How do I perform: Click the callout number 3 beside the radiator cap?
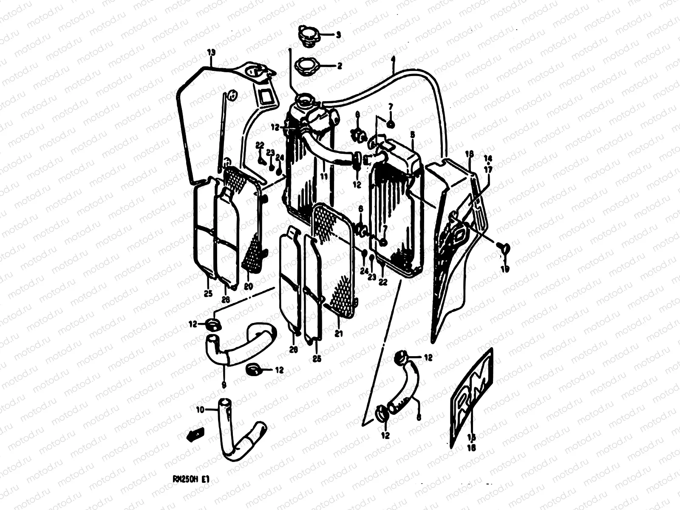click(338, 36)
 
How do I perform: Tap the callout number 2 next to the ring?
click(339, 66)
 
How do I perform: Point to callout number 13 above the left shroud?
click(211, 53)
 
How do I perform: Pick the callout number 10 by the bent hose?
click(200, 410)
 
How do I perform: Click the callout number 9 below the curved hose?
click(224, 385)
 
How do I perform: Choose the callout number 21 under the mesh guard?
click(338, 334)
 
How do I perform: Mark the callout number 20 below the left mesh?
click(249, 286)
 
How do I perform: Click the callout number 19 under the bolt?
click(505, 268)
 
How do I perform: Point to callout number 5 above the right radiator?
click(412, 134)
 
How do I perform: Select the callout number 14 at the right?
click(488, 159)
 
